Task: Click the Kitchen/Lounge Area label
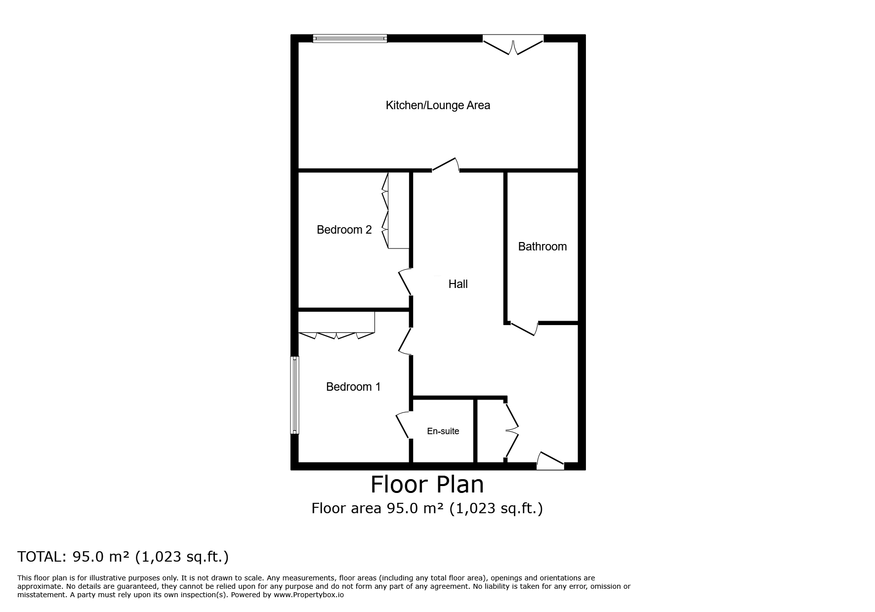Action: pyautogui.click(x=438, y=105)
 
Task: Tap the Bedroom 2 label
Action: pyautogui.click(x=344, y=230)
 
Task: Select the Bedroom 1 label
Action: pyautogui.click(x=353, y=387)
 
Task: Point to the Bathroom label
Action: pyautogui.click(x=542, y=246)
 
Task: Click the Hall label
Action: pyautogui.click(x=458, y=284)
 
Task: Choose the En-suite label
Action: pyautogui.click(x=443, y=431)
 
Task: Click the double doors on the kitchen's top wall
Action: pyautogui.click(x=513, y=44)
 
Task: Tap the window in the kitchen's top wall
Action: pyautogui.click(x=350, y=39)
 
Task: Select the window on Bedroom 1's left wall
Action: pyautogui.click(x=294, y=395)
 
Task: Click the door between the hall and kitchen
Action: pyautogui.click(x=446, y=165)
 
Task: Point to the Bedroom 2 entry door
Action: pyautogui.click(x=405, y=282)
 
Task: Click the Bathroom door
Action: pyautogui.click(x=524, y=328)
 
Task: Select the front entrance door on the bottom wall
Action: pyautogui.click(x=550, y=460)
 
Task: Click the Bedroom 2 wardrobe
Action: pyautogui.click(x=395, y=210)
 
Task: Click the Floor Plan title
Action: pyautogui.click(x=427, y=484)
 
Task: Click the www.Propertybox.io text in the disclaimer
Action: pyautogui.click(x=309, y=595)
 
